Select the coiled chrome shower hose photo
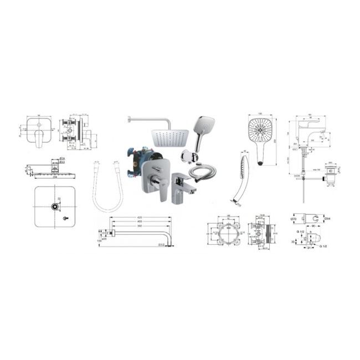tap(202, 174)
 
